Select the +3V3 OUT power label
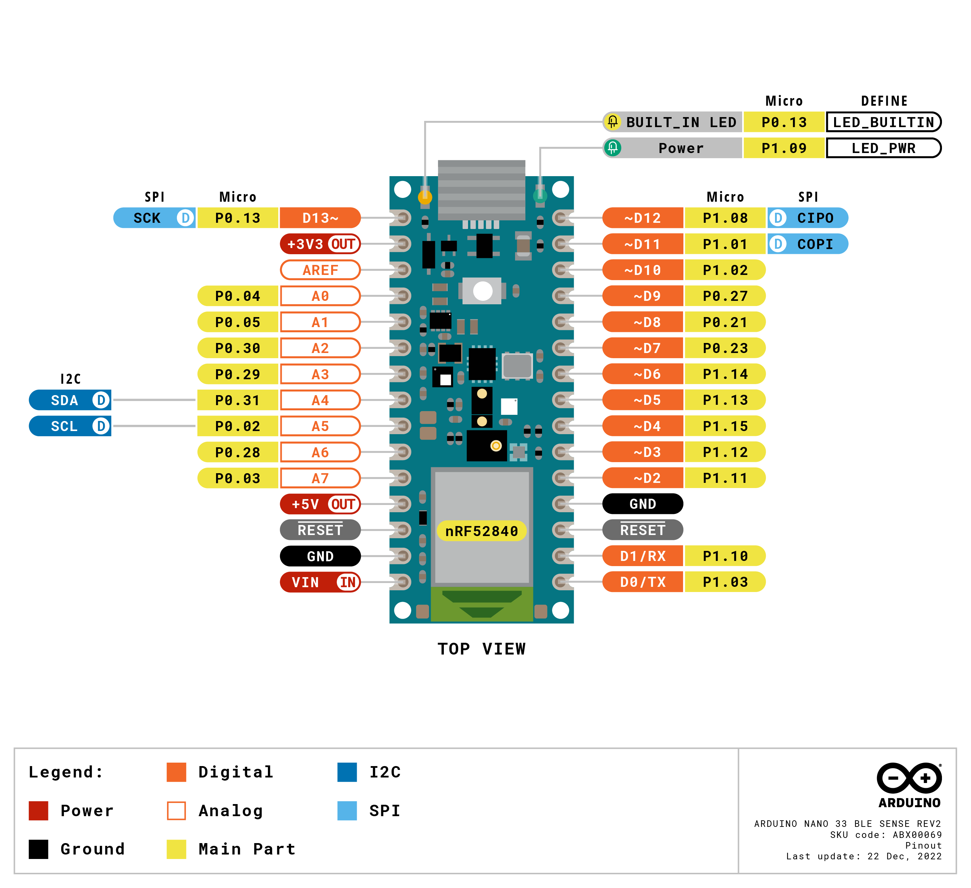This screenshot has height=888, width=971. point(320,244)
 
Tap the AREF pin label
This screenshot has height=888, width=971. point(320,270)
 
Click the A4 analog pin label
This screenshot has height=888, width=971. point(320,400)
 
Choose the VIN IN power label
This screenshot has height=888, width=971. point(320,582)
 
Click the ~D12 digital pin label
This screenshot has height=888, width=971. point(643,218)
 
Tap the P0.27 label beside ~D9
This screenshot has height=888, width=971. point(725,296)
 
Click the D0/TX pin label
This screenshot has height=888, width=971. point(643,582)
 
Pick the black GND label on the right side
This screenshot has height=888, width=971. point(643,504)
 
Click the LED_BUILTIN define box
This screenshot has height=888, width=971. point(883,122)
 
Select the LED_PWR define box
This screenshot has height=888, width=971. point(883,148)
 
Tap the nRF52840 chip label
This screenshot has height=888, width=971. point(482,531)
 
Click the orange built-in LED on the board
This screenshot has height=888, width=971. point(425,197)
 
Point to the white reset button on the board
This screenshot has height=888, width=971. point(483,291)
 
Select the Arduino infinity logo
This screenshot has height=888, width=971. point(909,778)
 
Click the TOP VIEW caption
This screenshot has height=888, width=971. point(482,649)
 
